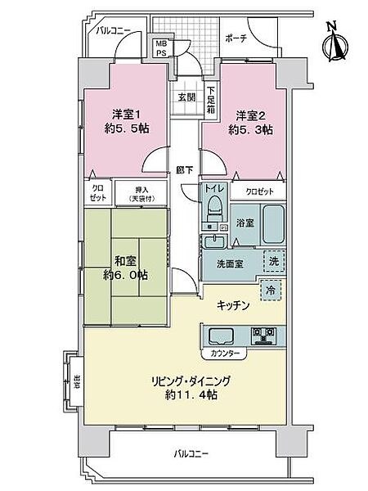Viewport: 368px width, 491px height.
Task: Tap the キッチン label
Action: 233,304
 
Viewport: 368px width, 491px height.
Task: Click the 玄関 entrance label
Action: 186,96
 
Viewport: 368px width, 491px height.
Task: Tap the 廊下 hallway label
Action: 185,169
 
